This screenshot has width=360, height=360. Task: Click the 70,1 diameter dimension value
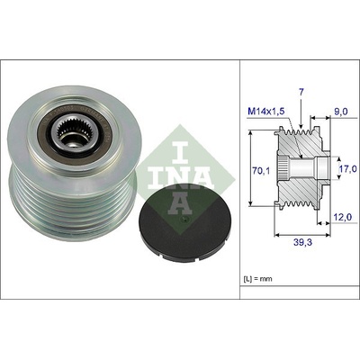click(262, 171)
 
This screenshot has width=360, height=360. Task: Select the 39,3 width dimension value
click(302, 242)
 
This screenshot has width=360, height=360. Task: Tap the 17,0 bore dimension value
click(349, 170)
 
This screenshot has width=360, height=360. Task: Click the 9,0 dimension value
click(342, 112)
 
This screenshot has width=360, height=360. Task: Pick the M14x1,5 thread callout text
click(265, 112)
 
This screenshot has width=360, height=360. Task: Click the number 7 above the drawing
click(301, 93)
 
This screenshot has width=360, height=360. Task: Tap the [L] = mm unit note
click(257, 279)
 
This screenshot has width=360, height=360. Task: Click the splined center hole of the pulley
click(69, 134)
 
